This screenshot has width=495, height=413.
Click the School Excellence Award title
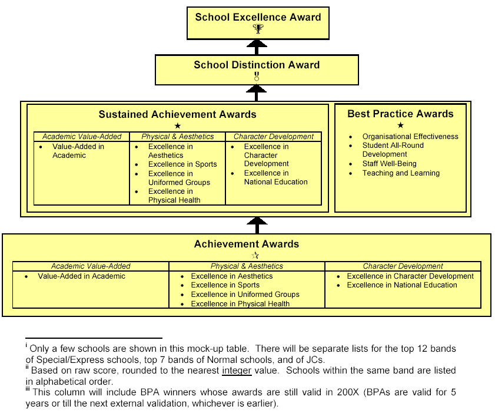258,17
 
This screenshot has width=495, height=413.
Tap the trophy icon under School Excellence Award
257,28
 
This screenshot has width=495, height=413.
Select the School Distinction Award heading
257,65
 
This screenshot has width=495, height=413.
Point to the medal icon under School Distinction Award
257,77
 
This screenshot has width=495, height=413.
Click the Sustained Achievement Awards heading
177,114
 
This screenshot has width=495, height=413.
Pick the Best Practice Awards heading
400,114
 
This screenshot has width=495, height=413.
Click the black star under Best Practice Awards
401,125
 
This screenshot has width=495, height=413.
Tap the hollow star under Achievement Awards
255,255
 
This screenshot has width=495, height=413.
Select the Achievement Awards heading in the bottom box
247,244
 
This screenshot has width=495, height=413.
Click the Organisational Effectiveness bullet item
410,137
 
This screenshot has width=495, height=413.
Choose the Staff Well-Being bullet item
389,164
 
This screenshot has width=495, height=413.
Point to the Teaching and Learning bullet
401,173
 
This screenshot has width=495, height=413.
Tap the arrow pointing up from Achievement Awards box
256,224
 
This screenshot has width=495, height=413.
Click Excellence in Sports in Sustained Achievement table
182,164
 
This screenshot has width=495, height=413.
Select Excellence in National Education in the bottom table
402,285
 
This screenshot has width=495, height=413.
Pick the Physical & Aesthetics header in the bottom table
247,266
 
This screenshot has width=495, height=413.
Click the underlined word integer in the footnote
237,371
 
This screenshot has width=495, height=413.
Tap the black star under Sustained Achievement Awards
178,125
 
